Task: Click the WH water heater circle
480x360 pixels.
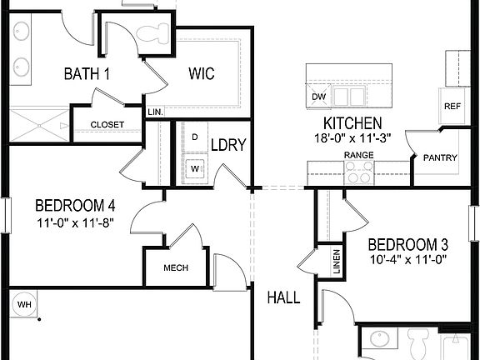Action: pos(25,305)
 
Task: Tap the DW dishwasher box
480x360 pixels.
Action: pos(318,97)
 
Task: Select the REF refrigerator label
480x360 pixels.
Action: pos(452,106)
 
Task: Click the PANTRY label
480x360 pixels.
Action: pos(438,157)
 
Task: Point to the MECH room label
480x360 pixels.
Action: pos(175,267)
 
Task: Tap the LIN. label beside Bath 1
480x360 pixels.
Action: pos(154,111)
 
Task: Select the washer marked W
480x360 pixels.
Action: pos(195,167)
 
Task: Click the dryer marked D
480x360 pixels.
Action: pos(195,136)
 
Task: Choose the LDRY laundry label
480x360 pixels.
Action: pos(228,145)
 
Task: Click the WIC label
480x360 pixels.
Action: pos(200,74)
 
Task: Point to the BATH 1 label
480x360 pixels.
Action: pos(87,74)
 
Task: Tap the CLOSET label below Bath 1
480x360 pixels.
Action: pos(107,125)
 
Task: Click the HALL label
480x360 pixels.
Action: pos(283,297)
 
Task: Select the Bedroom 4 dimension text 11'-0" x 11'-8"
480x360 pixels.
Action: pos(74,223)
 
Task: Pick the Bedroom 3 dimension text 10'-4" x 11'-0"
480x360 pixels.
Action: pos(408,259)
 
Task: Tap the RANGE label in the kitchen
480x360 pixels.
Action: pos(359,155)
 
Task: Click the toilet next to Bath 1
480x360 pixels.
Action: pos(152,33)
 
